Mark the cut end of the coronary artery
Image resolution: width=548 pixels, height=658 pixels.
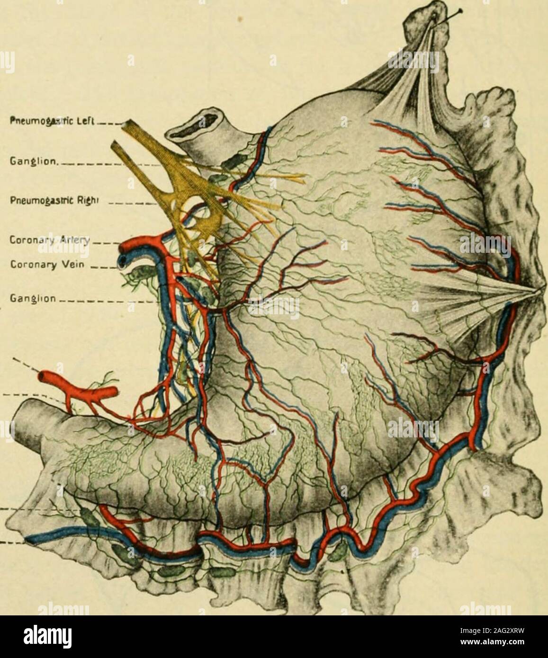coord(125,247)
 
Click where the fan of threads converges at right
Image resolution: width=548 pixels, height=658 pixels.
coord(538,290)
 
